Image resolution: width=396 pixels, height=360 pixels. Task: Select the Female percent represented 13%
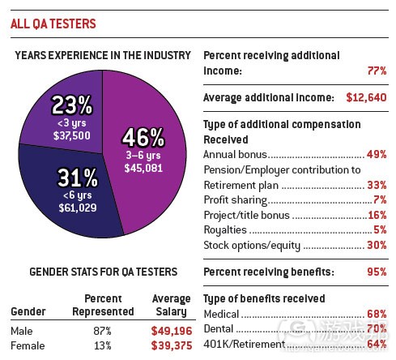tap(102, 346)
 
